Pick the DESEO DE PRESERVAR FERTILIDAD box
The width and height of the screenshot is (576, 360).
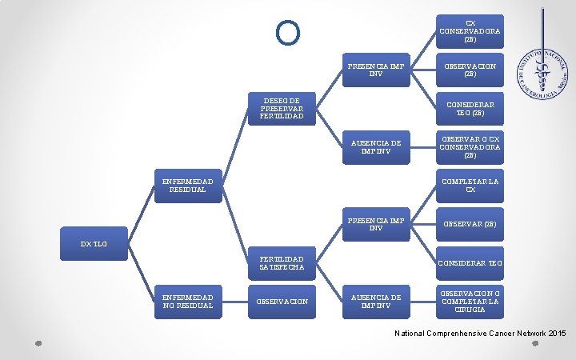282,110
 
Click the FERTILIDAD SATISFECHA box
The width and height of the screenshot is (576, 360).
282,263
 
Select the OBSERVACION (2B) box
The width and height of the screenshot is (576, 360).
470,70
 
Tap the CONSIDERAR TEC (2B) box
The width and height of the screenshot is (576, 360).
470,109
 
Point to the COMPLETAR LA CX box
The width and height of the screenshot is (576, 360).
470,186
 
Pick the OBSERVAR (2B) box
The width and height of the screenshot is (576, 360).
470,224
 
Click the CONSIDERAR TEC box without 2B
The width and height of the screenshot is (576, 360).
470,262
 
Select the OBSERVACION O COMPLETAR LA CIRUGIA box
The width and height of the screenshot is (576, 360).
470,301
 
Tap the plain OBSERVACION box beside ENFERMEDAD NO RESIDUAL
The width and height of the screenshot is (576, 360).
282,301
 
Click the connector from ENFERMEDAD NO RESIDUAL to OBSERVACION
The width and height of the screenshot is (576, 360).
235,301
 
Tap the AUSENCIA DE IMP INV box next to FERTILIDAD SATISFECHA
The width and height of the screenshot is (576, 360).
375,301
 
